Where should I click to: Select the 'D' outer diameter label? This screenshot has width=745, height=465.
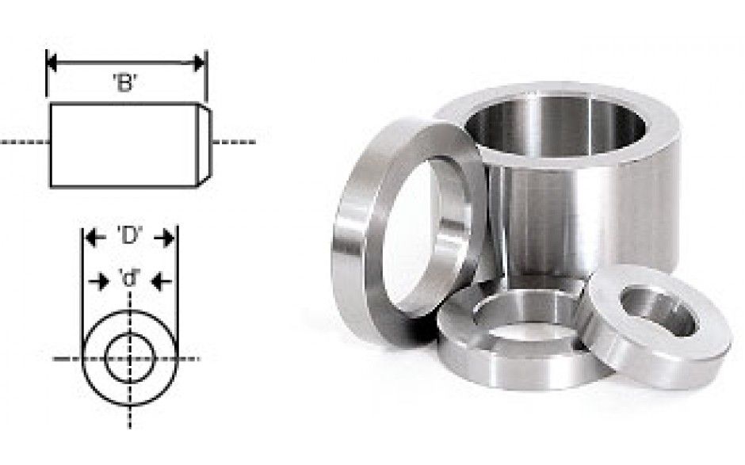(130, 235)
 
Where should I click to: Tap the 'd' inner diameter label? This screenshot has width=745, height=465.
(130, 278)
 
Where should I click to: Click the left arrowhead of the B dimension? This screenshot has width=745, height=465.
(52, 63)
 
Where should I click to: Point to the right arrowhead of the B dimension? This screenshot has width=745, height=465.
(200, 63)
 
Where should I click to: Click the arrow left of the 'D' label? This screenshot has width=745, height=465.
(95, 238)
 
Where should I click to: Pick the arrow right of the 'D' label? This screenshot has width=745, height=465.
(163, 238)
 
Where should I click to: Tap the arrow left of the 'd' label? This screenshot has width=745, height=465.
(100, 282)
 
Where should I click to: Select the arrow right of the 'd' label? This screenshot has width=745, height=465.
(161, 282)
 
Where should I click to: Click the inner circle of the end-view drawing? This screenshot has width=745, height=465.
(105, 358)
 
